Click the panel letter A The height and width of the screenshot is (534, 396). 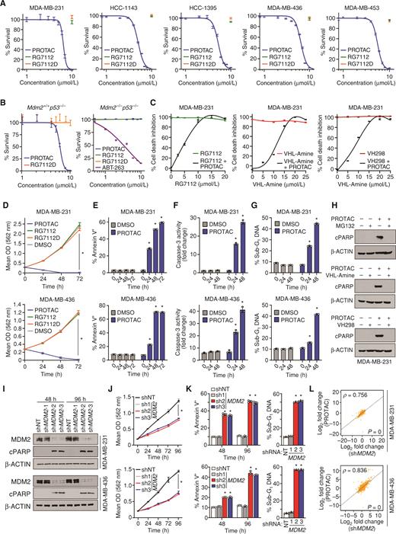pyautogui.click(x=5, y=5)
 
